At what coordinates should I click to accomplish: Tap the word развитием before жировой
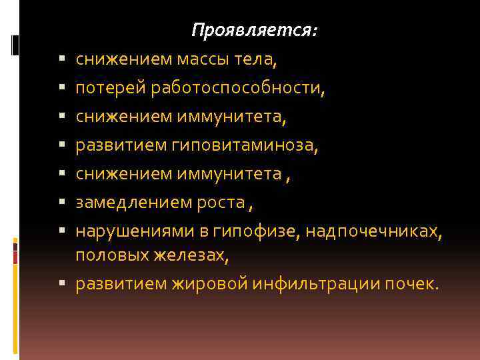click(x=123, y=283)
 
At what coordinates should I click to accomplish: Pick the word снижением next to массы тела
click(x=123, y=60)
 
